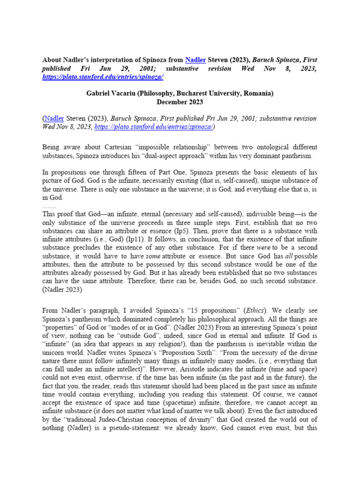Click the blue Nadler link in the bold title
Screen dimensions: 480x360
[195, 60]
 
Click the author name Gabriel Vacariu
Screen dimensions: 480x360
[114, 93]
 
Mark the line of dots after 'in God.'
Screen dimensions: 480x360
[49, 206]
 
